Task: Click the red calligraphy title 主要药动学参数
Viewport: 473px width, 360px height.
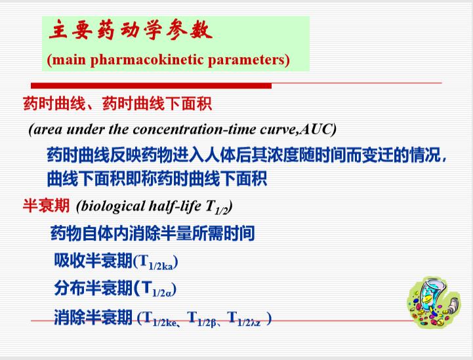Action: (x=131, y=30)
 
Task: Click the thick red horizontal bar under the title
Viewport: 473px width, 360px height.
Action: (x=151, y=86)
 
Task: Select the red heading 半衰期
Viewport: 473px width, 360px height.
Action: (x=46, y=206)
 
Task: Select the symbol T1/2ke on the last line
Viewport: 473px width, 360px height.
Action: (x=160, y=319)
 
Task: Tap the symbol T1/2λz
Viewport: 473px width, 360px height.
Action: (x=244, y=319)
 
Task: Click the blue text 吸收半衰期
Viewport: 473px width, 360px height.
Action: (x=93, y=260)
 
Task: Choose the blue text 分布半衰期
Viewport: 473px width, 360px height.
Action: (x=93, y=288)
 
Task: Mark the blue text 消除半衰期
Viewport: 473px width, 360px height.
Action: (x=93, y=317)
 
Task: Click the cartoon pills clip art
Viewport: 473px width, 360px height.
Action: (x=433, y=302)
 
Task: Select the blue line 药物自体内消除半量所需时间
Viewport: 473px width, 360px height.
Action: (x=152, y=233)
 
